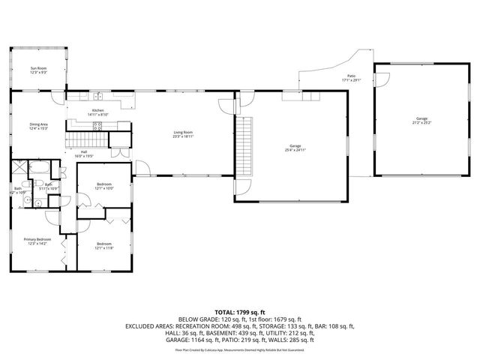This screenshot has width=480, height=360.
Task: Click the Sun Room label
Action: coord(38,68)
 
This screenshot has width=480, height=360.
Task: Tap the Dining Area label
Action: coord(38,124)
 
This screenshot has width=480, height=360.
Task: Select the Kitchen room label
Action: coord(98,110)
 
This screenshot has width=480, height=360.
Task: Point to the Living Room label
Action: coord(183,133)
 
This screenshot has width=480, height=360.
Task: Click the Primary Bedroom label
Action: coord(38,239)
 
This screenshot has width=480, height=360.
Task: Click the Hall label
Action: coord(84,152)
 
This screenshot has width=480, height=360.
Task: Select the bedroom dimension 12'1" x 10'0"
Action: coord(104,188)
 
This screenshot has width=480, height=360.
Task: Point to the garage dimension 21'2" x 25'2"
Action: coord(422,122)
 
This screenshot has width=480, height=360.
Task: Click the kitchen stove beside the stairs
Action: coord(97,126)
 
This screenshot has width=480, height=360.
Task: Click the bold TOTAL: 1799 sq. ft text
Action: coord(239,311)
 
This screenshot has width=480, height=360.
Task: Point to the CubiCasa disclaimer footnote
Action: coord(239,349)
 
